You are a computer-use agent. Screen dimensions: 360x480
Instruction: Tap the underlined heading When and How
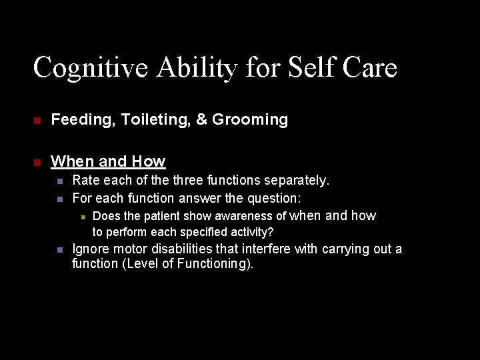[108, 161]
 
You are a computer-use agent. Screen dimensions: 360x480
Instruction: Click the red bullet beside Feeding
[38, 121]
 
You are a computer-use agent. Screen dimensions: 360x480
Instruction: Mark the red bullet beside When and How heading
[38, 162]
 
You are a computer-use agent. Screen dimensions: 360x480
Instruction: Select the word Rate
[85, 181]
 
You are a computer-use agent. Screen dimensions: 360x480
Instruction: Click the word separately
[297, 181]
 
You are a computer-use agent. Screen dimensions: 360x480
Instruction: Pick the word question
[274, 198]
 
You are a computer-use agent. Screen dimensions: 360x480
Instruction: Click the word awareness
[247, 216]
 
